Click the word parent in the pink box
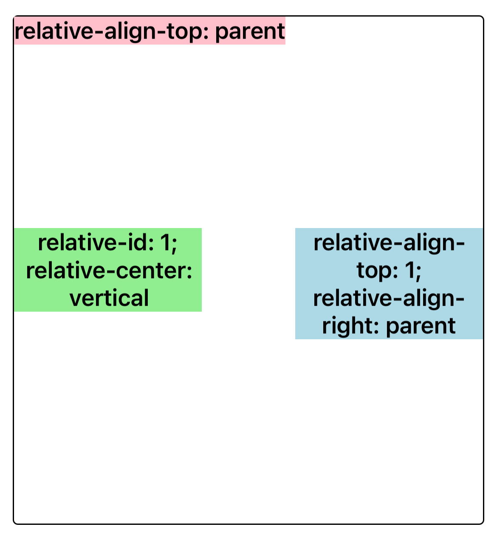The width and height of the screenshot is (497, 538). point(250,32)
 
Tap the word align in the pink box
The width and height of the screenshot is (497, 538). point(130,31)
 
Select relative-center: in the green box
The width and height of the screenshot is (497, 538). point(109,271)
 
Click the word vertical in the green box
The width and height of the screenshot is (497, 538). point(109,298)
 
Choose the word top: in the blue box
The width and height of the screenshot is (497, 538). point(377,271)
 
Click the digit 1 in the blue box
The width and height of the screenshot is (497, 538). point(409,270)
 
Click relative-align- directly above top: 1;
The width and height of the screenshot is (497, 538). point(389,244)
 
